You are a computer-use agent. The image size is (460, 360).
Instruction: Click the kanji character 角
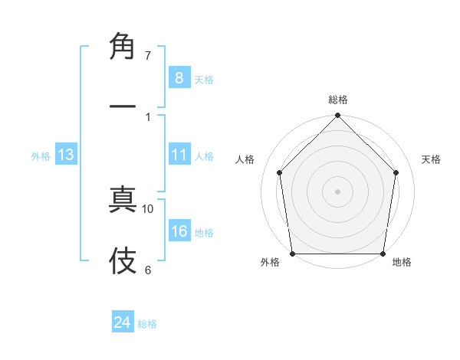coord(123,47)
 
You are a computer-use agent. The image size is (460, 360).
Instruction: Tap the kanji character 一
coord(123,107)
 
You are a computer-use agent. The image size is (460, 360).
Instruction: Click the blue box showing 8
coord(179,77)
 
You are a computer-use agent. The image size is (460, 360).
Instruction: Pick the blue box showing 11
coord(179,155)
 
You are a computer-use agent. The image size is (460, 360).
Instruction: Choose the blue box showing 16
coord(179,231)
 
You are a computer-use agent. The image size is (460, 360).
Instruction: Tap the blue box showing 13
coord(66,155)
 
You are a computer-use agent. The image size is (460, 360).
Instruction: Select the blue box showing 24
coord(123,322)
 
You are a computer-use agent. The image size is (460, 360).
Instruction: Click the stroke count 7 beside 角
coord(148,56)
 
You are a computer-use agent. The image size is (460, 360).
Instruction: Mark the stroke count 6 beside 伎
coord(148,270)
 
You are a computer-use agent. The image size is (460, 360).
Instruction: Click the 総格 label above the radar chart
coord(338,100)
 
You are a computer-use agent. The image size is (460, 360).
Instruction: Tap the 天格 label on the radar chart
coord(432,159)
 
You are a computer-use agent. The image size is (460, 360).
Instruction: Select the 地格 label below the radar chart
coord(402,262)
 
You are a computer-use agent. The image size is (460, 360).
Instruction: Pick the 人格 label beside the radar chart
coord(245,159)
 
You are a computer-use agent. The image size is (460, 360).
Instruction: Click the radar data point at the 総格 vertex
coord(338,116)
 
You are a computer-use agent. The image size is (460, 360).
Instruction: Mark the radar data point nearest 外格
coord(292,254)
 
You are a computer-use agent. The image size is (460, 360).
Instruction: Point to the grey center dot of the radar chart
coord(338,191)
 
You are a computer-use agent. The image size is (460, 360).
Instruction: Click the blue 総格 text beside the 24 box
coord(147,324)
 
